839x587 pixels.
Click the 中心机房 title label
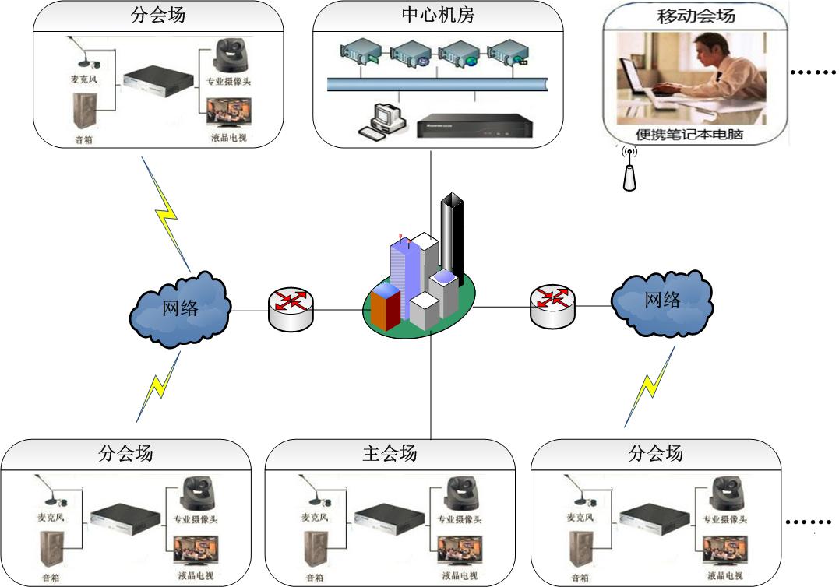pyautogui.click(x=437, y=15)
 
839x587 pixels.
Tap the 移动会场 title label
pyautogui.click(x=696, y=15)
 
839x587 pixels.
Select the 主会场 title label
pyautogui.click(x=390, y=453)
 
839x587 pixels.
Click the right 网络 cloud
pyautogui.click(x=661, y=301)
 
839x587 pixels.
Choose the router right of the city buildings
pyautogui.click(x=553, y=306)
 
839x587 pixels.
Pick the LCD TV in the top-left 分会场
pyautogui.click(x=229, y=114)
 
